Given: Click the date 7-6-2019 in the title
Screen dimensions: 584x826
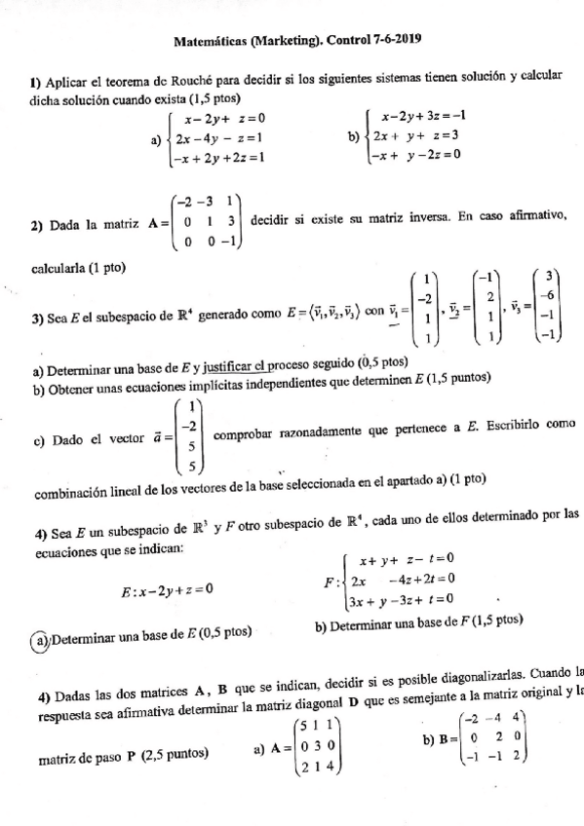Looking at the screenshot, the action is [x=391, y=40].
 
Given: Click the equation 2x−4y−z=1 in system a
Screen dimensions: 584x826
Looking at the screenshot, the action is [x=216, y=138].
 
